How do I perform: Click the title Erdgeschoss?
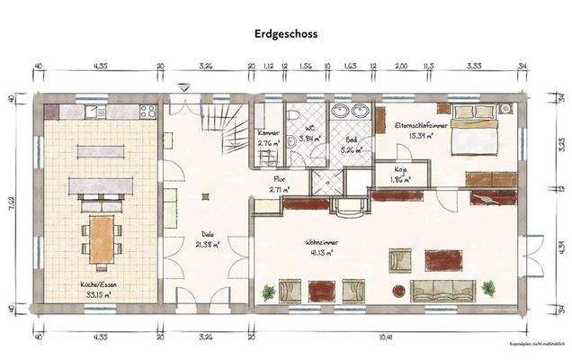click(x=285, y=32)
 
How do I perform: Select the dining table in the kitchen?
click(x=101, y=236)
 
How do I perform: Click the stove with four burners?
click(x=147, y=112)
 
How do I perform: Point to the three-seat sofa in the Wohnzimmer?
click(x=442, y=290)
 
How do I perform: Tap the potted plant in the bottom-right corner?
click(x=488, y=289)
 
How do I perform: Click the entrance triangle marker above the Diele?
click(x=184, y=87)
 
